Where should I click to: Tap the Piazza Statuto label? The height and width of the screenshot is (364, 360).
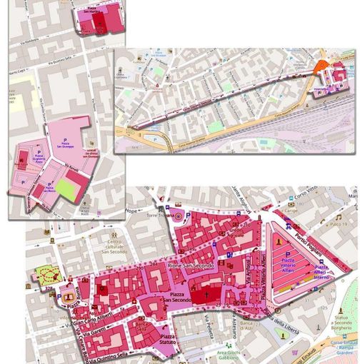click(168, 339)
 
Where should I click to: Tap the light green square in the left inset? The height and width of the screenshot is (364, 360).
click(66, 190)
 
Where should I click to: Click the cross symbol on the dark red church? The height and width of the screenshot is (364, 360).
click(208, 293)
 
